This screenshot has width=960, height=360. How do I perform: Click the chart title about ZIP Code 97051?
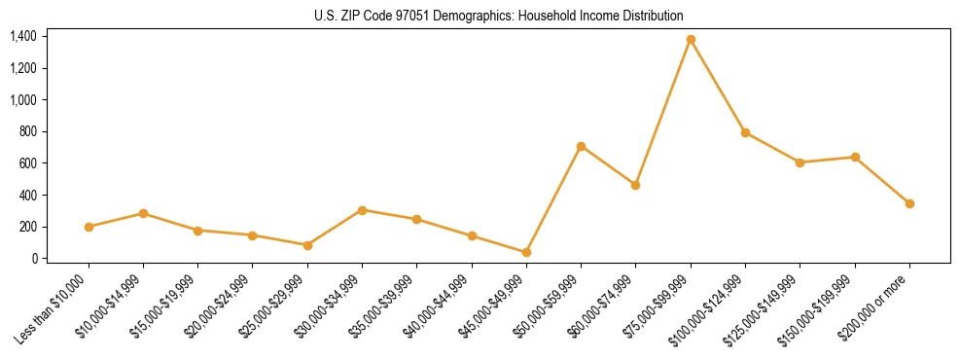[x=499, y=17]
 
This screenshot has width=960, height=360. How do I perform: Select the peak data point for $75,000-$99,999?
[x=691, y=40]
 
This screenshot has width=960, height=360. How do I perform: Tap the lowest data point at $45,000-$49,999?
[x=526, y=252]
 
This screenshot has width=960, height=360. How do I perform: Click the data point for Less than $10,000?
[x=89, y=227]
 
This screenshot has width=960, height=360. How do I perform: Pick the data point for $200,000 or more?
[x=909, y=203]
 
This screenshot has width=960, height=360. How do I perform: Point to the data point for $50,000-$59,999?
[x=581, y=146]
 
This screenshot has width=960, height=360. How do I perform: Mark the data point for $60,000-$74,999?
[x=635, y=185]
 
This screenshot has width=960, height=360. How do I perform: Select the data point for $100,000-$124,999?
[x=745, y=132]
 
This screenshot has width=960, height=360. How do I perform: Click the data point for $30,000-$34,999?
[x=362, y=210]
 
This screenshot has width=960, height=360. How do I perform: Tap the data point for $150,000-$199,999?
[x=855, y=157]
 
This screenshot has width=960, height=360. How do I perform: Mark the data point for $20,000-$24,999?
[x=253, y=235]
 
